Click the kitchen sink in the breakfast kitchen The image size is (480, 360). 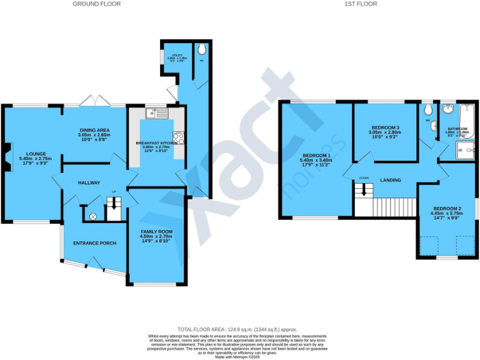pyautogui.click(x=154, y=114)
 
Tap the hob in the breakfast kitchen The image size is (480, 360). pyautogui.click(x=178, y=138)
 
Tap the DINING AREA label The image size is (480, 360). pyautogui.click(x=94, y=129)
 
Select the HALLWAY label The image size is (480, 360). pyautogui.click(x=89, y=182)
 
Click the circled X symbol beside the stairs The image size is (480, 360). pyautogui.click(x=93, y=216)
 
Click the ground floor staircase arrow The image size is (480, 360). pyautogui.click(x=113, y=203)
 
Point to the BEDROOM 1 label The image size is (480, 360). pyautogui.click(x=316, y=155)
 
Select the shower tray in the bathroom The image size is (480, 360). pyautogui.click(x=466, y=149)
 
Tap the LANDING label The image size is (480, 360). pyautogui.click(x=391, y=180)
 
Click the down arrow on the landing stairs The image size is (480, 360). pyautogui.click(x=363, y=191)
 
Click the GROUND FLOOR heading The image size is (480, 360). pyautogui.click(x=96, y=4)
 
